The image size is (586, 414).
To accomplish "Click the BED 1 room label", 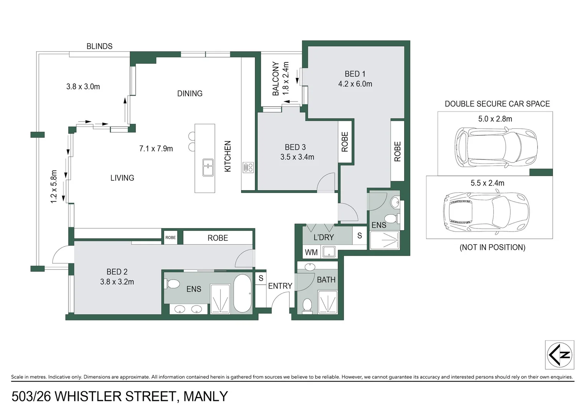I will click(x=355, y=74).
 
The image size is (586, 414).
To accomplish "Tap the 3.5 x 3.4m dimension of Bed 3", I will click(x=297, y=157).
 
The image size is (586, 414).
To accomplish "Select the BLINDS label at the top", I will click(x=99, y=46).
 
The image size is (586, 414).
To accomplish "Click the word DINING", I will click(x=190, y=94).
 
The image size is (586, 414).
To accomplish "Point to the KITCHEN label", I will click(x=228, y=156).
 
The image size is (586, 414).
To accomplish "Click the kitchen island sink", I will click(x=208, y=168).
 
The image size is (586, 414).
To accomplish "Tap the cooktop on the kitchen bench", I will click(x=248, y=168).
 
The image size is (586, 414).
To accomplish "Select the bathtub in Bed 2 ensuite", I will click(x=243, y=294).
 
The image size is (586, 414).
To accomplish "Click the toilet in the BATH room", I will click(x=307, y=306).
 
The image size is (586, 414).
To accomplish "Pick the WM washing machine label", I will click(x=311, y=252).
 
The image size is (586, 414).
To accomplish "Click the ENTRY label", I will click(x=280, y=286).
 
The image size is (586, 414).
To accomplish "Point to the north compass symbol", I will click(x=560, y=355).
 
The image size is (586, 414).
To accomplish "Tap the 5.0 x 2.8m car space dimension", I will click(x=495, y=119).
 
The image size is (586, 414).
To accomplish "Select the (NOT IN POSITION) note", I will click(x=492, y=247).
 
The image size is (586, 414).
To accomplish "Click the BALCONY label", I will click(x=276, y=79).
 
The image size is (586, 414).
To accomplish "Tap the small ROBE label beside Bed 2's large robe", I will click(x=170, y=238).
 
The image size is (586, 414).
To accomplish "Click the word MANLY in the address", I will click(x=206, y=396).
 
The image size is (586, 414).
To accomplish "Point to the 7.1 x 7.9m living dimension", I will click(x=156, y=149).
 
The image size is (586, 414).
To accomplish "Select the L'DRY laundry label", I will click(x=324, y=237).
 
